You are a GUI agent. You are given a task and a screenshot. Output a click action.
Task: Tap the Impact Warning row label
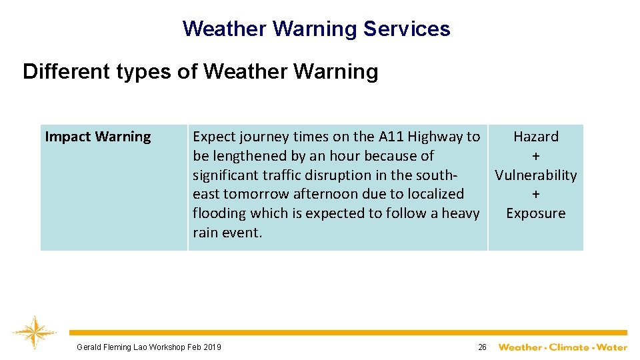tap(98, 137)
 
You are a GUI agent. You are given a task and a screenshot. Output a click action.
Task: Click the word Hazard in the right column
tap(535, 137)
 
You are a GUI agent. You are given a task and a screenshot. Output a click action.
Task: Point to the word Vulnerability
tap(535, 175)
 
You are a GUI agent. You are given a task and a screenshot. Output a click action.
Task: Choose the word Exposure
tap(535, 213)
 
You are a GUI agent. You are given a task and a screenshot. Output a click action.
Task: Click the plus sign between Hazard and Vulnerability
tap(535, 156)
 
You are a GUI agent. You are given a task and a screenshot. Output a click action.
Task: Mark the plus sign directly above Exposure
tap(535, 194)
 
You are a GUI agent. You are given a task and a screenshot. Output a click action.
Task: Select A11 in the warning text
tap(391, 137)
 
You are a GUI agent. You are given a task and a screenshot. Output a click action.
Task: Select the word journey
tap(260, 137)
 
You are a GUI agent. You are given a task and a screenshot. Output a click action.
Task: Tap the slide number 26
tap(482, 347)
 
